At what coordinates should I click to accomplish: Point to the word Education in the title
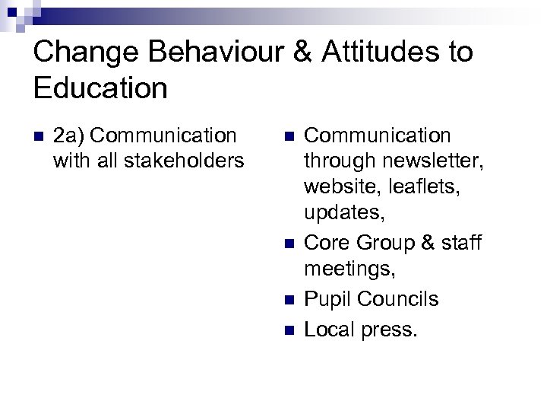pyautogui.click(x=100, y=88)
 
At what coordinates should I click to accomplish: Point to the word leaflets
pyautogui.click(x=429, y=187)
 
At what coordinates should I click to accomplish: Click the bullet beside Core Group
pyautogui.click(x=288, y=244)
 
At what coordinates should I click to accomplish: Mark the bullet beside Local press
pyautogui.click(x=288, y=330)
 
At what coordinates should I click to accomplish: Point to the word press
pyautogui.click(x=390, y=330)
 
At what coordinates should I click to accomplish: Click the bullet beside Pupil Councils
pyautogui.click(x=288, y=299)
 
